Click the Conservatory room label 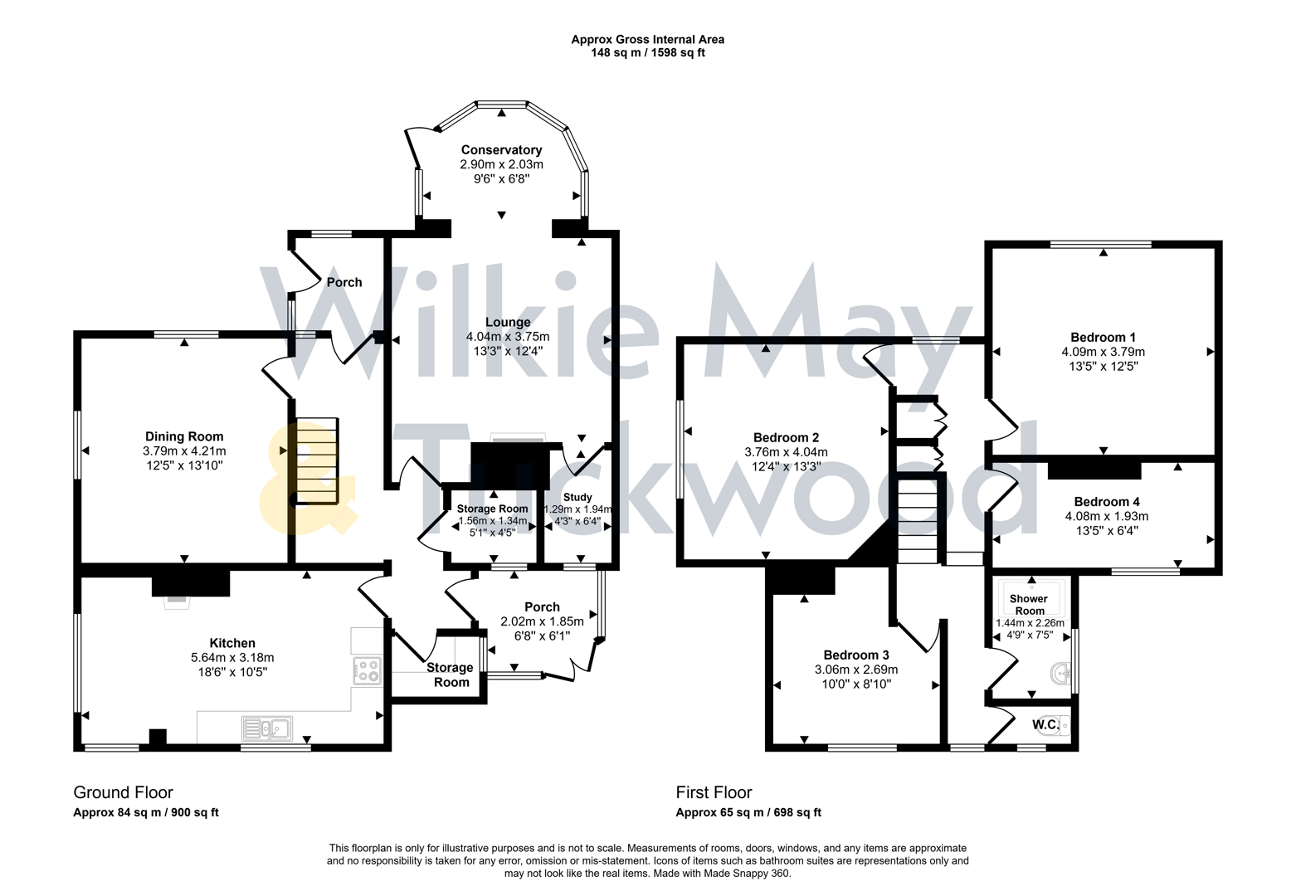501,150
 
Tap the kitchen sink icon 266,728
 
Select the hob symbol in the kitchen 367,670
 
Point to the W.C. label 1044,725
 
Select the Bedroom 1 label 1103,338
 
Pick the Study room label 577,498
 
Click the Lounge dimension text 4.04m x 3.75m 508,337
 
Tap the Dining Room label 184,436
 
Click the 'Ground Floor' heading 123,792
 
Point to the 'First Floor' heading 714,792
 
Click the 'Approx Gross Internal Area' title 647,39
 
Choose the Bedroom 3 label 856,655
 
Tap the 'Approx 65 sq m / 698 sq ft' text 748,813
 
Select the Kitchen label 232,643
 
